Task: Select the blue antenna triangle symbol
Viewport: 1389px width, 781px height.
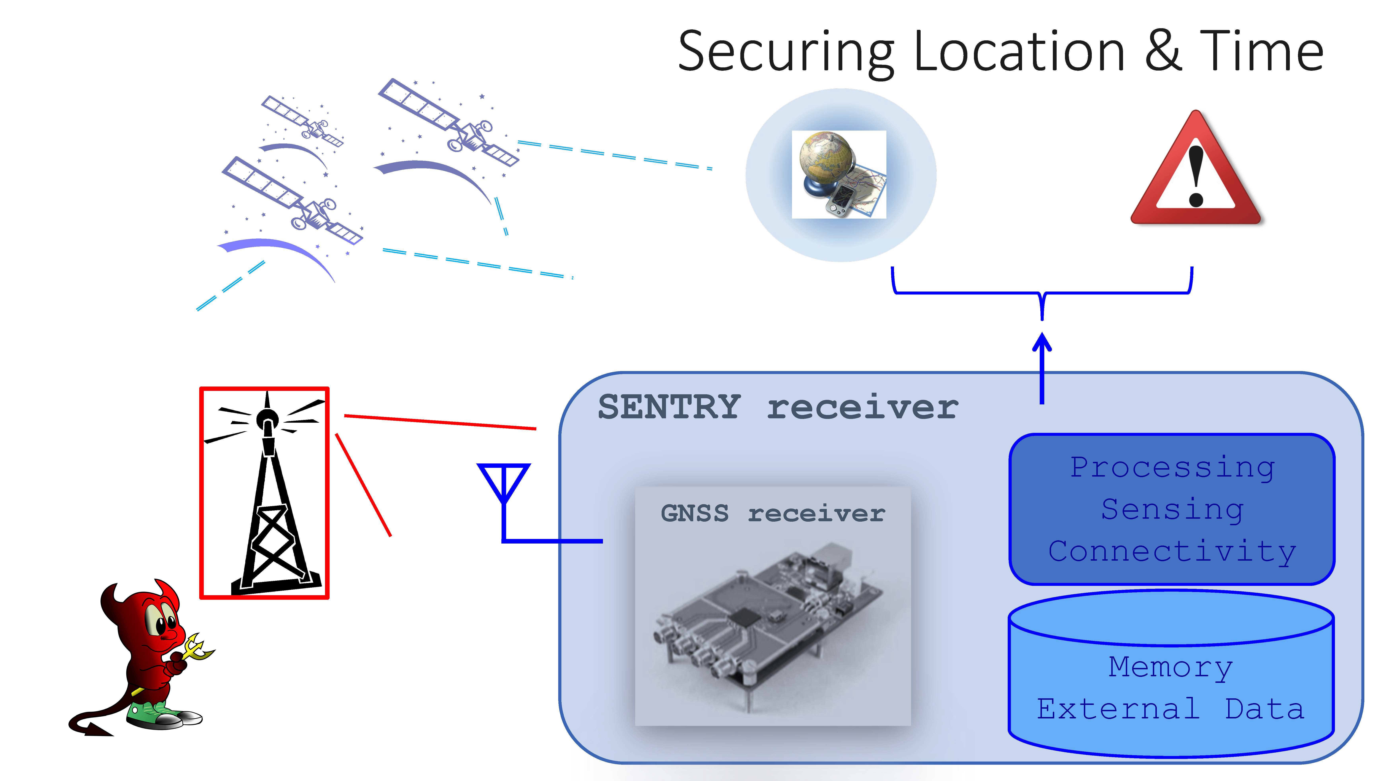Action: point(503,480)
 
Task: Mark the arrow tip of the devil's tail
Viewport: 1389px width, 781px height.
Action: point(100,730)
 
